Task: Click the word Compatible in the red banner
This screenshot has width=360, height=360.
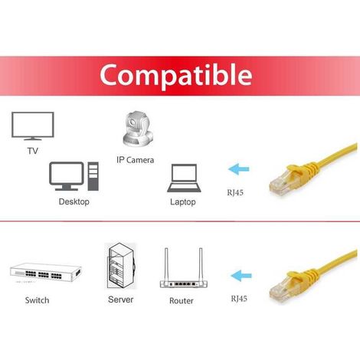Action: (x=176, y=75)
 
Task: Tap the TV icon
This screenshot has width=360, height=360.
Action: (x=33, y=126)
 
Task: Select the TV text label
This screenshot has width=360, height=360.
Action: (x=33, y=151)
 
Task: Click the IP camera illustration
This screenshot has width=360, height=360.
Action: (x=138, y=129)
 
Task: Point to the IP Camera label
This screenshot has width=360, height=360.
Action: (x=136, y=160)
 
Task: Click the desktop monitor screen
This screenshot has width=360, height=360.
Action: (x=67, y=173)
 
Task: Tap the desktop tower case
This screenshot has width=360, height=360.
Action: (x=93, y=176)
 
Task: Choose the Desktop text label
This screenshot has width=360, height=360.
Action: (x=74, y=201)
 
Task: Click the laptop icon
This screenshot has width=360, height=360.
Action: (x=184, y=178)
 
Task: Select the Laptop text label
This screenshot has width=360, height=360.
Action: (x=183, y=202)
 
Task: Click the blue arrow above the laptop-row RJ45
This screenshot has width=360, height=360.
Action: (x=239, y=169)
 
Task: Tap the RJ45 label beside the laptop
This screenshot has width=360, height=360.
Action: (x=235, y=192)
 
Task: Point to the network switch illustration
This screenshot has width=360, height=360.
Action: (x=46, y=273)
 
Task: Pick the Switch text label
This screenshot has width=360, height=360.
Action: (x=38, y=300)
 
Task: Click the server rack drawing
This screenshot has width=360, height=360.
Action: (x=121, y=266)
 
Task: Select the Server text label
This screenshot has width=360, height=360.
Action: (x=121, y=299)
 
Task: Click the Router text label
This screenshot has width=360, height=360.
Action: (x=182, y=301)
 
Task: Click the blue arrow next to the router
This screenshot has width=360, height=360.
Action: (x=241, y=276)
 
